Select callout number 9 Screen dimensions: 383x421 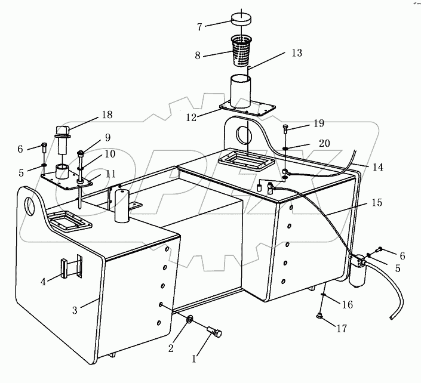[107, 137]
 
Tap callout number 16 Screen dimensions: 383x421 [347, 305]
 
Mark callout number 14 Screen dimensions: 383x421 [377, 168]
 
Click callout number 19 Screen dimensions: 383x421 [318, 124]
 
